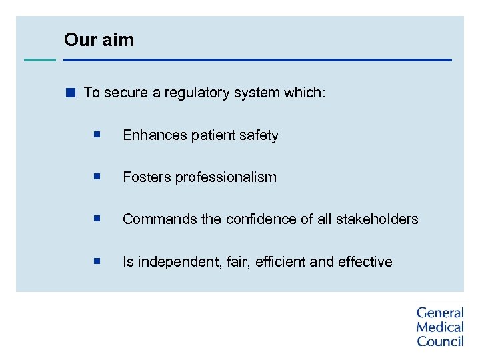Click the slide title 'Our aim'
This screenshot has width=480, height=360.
click(x=99, y=40)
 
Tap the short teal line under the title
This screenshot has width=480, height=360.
click(x=40, y=60)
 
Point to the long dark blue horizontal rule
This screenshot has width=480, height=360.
click(x=257, y=60)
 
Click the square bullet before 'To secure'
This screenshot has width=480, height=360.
click(x=71, y=93)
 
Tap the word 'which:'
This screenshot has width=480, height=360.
click(x=305, y=93)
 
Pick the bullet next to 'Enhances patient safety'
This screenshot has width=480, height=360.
click(x=97, y=135)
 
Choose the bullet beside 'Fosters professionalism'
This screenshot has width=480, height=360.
click(x=97, y=177)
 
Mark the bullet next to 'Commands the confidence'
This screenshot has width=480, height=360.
click(x=97, y=219)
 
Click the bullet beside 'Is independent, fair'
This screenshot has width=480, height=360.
click(x=97, y=261)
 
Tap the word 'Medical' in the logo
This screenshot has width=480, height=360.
click(x=439, y=327)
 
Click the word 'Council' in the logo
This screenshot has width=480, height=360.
click(x=440, y=341)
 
